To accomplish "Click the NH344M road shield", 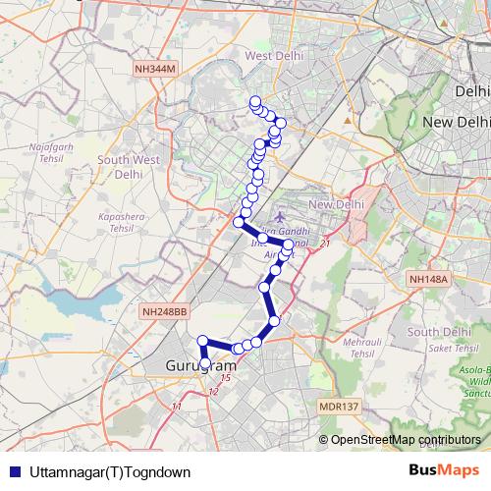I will point(156,70).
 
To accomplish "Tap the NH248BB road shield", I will point(163,311).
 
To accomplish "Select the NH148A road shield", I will point(428,280).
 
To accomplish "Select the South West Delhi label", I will point(129,167).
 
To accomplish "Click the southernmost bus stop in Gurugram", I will point(204,370).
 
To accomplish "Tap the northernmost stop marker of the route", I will point(255,101).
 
